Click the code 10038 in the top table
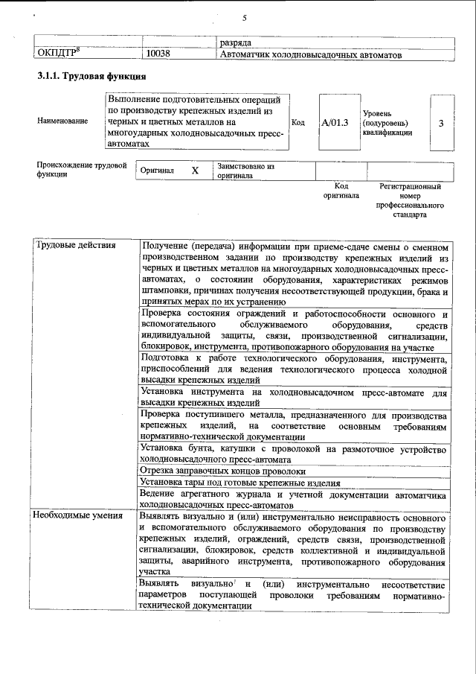coord(158,54)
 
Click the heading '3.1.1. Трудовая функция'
coord(91,77)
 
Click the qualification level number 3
coord(441,122)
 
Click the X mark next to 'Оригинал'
coord(195,171)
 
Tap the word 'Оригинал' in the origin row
coord(158,171)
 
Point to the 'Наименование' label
coord(62,121)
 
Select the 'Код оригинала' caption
coord(341,191)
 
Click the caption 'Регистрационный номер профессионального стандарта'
coord(411,200)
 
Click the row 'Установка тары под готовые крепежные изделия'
coord(240,483)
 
